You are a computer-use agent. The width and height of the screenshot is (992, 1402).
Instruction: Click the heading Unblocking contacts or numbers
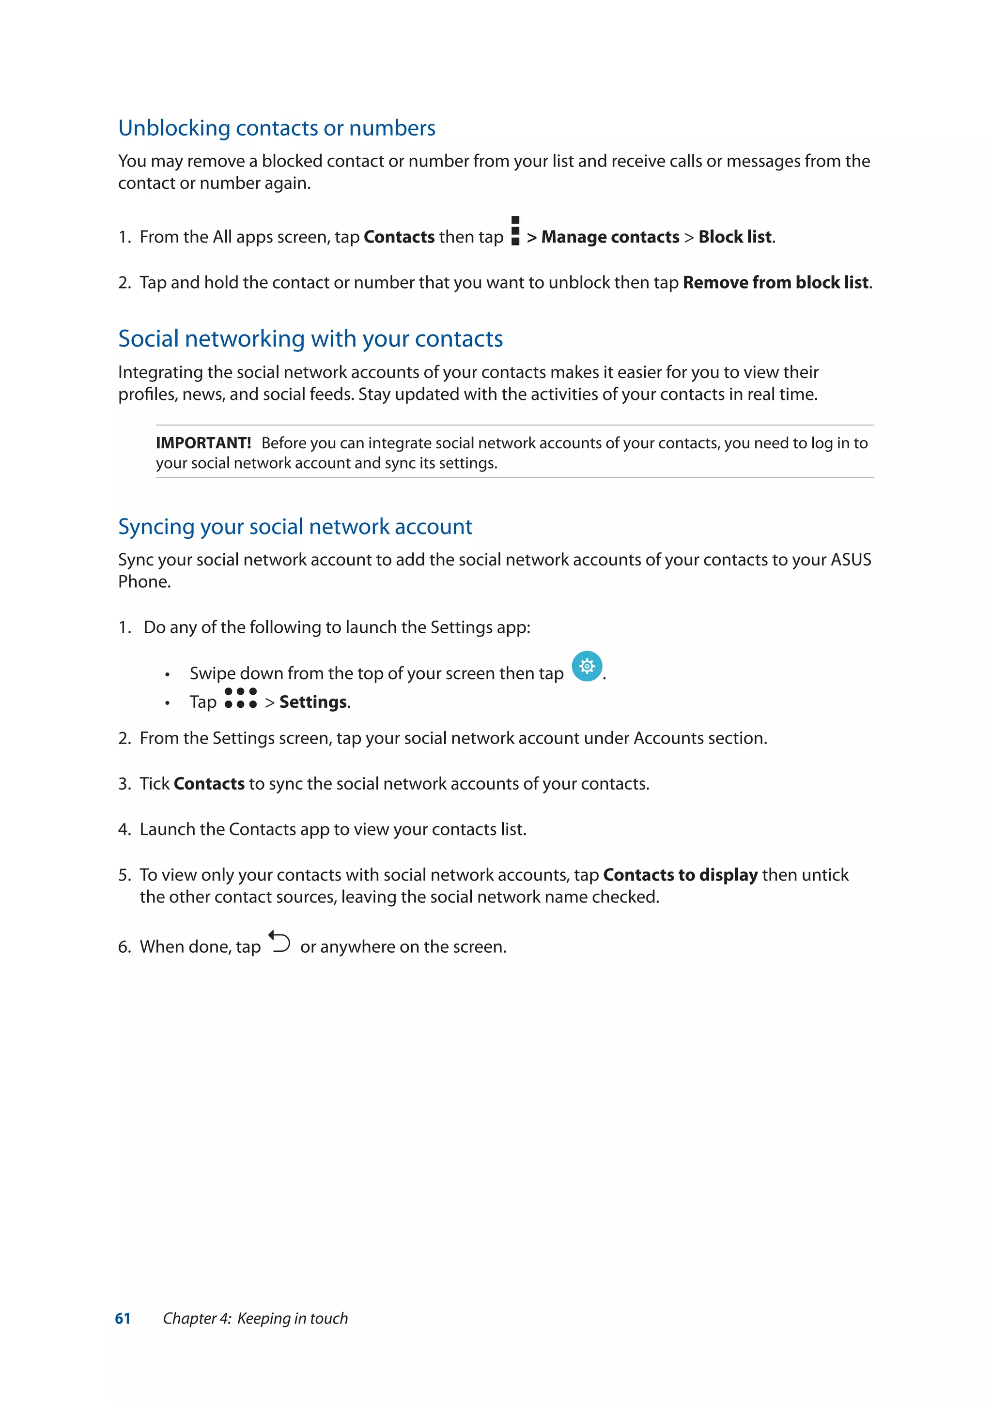277,128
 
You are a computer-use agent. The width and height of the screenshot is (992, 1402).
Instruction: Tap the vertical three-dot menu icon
515,231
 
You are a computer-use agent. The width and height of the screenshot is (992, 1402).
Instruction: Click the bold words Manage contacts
610,237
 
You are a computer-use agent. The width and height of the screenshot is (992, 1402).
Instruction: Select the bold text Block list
735,237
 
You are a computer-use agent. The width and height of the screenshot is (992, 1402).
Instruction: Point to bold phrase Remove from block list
776,283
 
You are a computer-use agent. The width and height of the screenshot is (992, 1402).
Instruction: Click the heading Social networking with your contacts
310,339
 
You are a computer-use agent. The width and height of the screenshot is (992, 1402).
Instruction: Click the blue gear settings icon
587,666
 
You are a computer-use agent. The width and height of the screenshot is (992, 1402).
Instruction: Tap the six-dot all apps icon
241,698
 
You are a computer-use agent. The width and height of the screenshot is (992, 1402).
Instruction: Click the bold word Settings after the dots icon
313,702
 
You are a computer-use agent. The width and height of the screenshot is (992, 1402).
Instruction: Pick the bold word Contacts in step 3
209,784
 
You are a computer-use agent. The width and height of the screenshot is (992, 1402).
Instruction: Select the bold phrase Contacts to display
680,875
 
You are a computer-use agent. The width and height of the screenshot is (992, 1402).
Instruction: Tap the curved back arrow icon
280,942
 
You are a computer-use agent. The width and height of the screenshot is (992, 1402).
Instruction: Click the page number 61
123,1318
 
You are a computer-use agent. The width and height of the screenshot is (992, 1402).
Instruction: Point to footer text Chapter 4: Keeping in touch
255,1318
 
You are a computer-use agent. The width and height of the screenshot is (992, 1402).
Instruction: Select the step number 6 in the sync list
124,947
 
